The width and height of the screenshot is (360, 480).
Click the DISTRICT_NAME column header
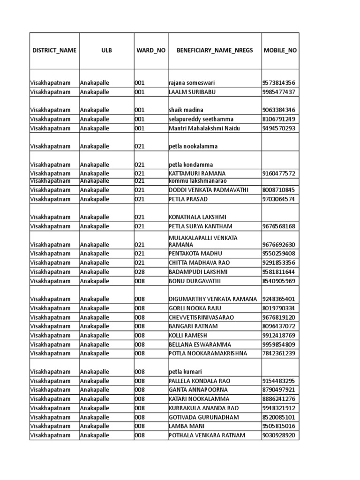point(53,50)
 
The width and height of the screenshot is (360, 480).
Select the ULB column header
point(106,50)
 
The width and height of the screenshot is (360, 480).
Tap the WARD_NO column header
point(150,50)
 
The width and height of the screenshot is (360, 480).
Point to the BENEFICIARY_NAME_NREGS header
point(214,50)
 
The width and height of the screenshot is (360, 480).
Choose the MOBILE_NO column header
point(280,50)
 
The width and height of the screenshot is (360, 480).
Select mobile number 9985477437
point(279,92)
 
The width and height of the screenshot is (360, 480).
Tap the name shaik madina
point(186,110)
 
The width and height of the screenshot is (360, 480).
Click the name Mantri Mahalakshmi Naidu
point(204,128)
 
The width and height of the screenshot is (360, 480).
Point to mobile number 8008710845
point(279,190)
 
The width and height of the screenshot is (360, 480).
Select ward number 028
point(140,272)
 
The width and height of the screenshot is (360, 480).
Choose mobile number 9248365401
point(279,299)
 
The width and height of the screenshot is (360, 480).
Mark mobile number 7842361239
point(279,353)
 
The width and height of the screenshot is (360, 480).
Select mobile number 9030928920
point(279,435)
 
